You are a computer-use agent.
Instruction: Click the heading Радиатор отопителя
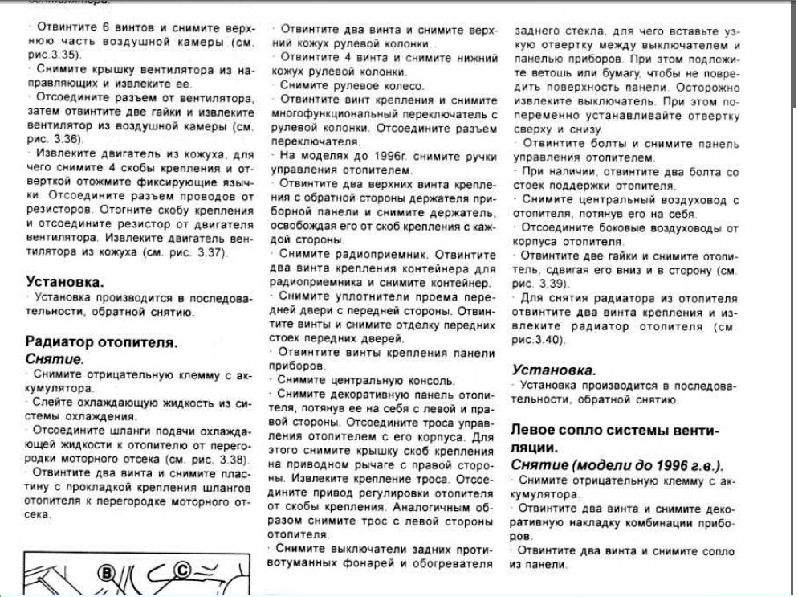(101, 342)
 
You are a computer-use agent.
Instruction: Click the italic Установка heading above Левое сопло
(554, 370)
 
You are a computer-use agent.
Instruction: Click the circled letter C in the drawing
(182, 570)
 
